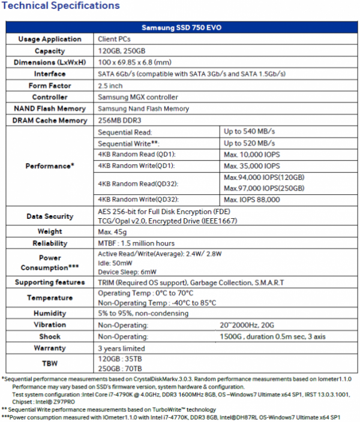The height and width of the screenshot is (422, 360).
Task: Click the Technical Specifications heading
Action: pos(61,7)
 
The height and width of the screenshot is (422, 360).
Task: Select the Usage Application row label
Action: pos(50,39)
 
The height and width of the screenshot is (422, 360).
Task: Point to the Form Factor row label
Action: pos(50,86)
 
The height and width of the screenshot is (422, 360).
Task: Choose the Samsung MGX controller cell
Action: pos(137,97)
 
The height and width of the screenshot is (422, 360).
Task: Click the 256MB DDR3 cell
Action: pos(121,120)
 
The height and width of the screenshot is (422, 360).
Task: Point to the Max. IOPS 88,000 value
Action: pos(252,199)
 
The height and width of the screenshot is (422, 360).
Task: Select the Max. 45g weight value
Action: pos(113,231)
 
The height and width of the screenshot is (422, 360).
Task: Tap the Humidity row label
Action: pos(50,313)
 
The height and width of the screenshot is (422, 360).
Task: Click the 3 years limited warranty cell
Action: pos(121,348)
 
